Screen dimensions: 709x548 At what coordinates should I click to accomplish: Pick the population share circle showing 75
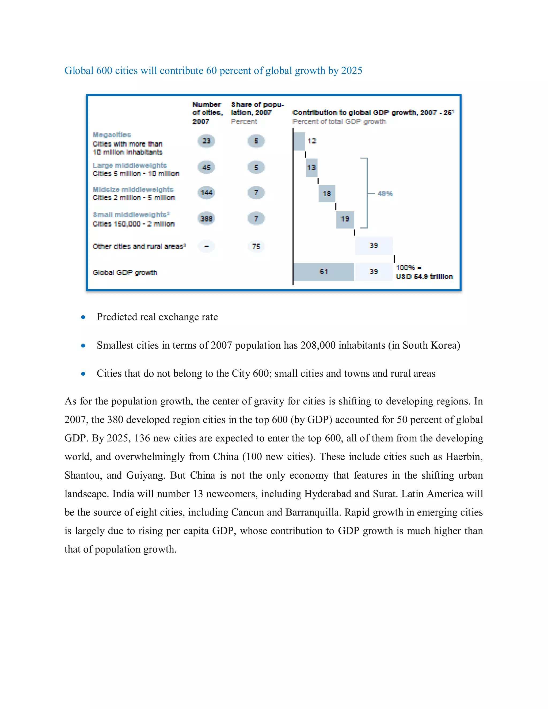pos(256,246)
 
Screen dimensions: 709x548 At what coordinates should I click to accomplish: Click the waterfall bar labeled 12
pos(299,141)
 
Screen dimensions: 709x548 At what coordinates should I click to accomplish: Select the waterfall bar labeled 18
pos(327,193)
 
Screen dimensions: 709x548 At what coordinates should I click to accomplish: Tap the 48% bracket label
pos(385,193)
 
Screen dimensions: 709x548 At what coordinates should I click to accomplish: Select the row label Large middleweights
pos(130,165)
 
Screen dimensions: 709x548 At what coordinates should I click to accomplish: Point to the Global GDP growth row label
pos(125,272)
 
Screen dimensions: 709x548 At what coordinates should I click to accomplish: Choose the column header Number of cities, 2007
pos(207,113)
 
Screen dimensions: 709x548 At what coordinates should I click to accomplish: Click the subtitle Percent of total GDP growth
pos(339,122)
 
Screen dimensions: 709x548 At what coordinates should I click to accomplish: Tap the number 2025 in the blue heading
pos(352,70)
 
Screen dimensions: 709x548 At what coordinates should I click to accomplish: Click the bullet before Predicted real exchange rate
pos(83,317)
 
